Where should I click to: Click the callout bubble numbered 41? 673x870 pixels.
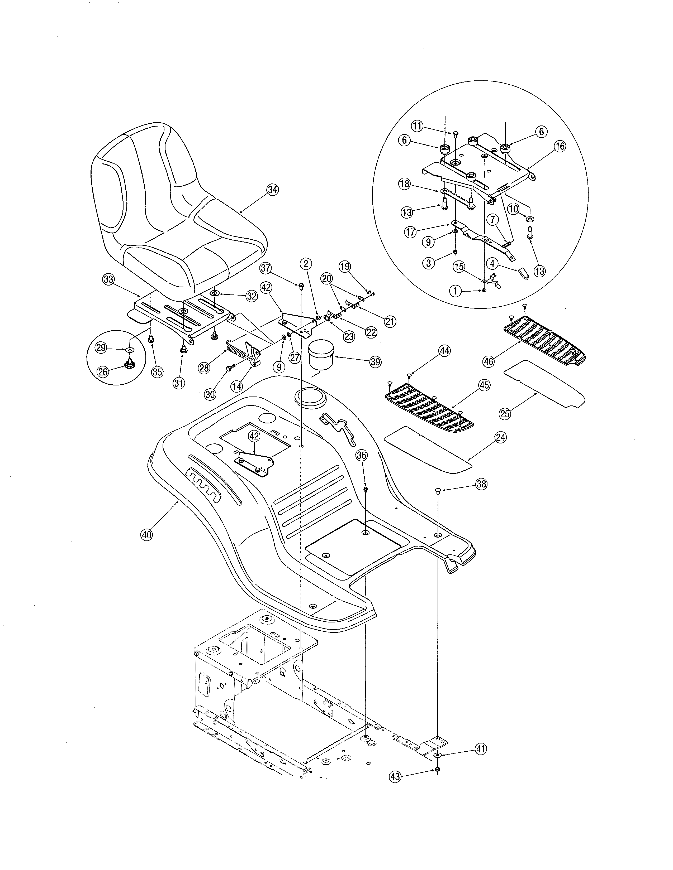click(x=481, y=749)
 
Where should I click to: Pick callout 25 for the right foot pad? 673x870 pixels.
click(x=505, y=413)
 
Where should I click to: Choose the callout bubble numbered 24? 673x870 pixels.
click(x=500, y=437)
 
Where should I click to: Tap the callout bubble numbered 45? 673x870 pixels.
click(x=484, y=385)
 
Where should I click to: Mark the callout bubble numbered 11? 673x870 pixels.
click(x=417, y=126)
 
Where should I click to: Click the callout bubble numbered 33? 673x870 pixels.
click(x=108, y=279)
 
